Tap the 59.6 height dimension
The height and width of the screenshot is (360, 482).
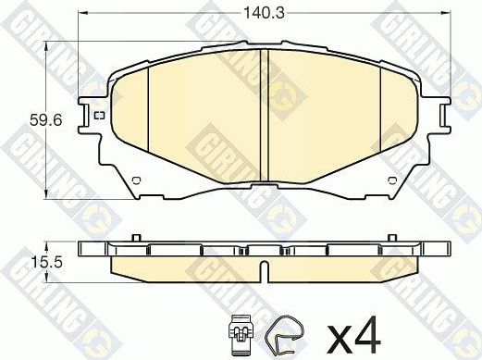35,118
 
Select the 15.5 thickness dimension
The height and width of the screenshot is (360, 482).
35,263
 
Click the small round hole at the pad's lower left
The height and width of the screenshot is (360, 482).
135,180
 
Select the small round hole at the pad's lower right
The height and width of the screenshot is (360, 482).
397,180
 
